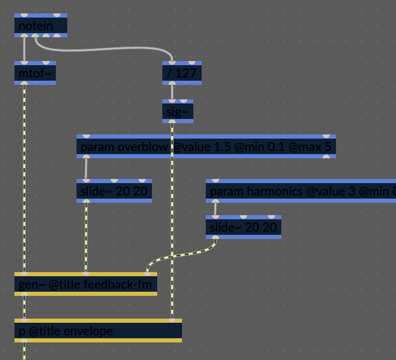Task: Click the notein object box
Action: (x=40, y=25)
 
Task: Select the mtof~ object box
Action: (x=35, y=73)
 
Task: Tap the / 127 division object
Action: (x=181, y=73)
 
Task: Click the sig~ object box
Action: (x=177, y=111)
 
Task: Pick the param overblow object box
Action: (x=206, y=147)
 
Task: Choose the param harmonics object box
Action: (x=300, y=191)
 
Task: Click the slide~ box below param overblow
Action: (x=114, y=191)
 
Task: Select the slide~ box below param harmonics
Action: (x=243, y=227)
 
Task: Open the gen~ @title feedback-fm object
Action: (x=85, y=284)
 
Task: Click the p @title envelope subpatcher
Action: (x=98, y=331)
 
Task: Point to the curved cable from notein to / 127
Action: (x=103, y=50)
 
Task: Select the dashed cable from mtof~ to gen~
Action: (x=24, y=176)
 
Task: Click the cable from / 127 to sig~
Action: (x=172, y=92)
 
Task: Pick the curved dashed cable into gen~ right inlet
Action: (x=181, y=255)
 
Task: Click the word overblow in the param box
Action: (x=143, y=147)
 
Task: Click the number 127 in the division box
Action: (x=186, y=73)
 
